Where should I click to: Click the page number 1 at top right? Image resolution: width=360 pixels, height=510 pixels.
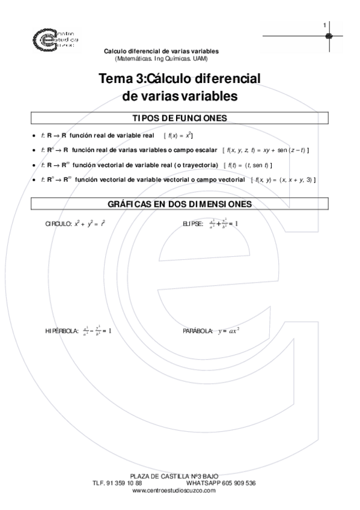click(325, 25)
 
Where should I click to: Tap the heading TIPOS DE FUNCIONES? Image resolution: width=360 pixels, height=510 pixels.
click(179, 118)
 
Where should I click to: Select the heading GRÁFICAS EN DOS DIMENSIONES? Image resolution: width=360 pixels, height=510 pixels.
click(179, 205)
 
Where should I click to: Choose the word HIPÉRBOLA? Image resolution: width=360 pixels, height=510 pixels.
click(62, 331)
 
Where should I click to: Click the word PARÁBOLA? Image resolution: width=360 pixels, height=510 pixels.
click(198, 331)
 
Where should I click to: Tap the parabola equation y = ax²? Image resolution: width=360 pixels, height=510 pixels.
click(229, 331)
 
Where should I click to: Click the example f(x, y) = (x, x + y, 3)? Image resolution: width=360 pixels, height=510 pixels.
click(284, 180)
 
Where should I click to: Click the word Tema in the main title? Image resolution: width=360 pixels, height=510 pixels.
click(114, 79)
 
